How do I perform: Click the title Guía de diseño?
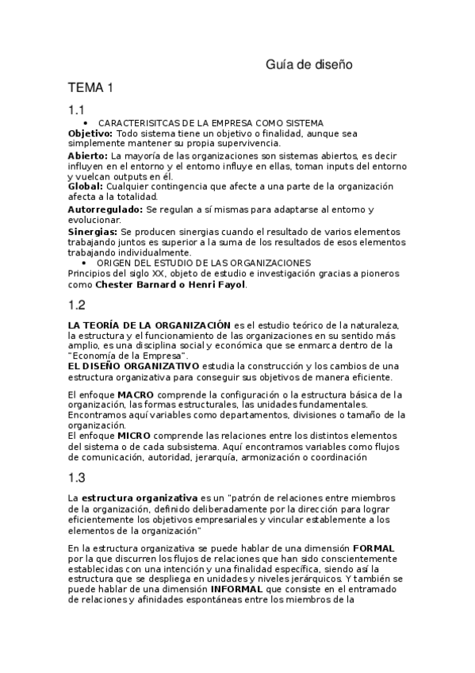[x=308, y=64]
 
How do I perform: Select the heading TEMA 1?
[x=92, y=87]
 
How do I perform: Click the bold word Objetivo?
[x=90, y=133]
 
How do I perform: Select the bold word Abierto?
[x=89, y=156]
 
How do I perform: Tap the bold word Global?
[x=85, y=186]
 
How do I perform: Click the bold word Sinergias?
[x=93, y=231]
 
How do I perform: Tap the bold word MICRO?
[x=133, y=436]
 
